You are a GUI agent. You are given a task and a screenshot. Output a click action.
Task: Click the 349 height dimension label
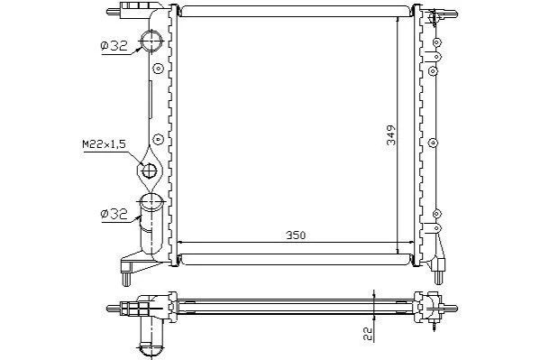coord(391,134)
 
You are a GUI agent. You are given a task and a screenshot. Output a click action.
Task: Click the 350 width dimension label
coord(296,235)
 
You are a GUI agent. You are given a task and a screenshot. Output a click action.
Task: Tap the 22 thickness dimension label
coord(368,334)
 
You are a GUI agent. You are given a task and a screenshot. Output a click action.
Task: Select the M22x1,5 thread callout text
coord(104,144)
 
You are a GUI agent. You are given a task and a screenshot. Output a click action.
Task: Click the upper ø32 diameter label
coord(114,45)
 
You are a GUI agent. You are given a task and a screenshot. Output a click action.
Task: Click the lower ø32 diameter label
coord(114,214)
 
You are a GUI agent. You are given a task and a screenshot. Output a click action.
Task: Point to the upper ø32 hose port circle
coord(151,41)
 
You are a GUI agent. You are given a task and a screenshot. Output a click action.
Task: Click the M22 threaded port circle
coord(150,171)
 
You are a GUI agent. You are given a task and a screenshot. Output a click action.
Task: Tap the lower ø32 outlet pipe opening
coord(151,202)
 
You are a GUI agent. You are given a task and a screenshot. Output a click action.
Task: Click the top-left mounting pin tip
coord(109,12)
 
